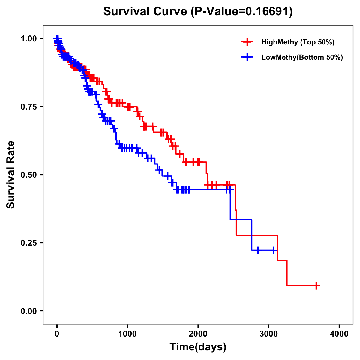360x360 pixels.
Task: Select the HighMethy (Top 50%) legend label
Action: [x=298, y=42]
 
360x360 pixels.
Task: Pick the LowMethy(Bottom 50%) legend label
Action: [x=302, y=57]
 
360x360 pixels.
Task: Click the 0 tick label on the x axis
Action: [x=57, y=334]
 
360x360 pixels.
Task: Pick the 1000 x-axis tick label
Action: [x=127, y=334]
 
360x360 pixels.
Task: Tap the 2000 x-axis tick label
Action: [x=198, y=334]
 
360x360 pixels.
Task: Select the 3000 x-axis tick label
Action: [x=269, y=334]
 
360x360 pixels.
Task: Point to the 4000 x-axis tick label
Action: [x=339, y=334]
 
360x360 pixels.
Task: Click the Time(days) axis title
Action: [x=198, y=347]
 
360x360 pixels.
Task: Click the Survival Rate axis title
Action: [x=11, y=175]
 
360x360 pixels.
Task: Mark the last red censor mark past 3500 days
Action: [x=316, y=286]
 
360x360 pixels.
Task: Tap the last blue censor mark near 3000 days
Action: [x=274, y=250]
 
